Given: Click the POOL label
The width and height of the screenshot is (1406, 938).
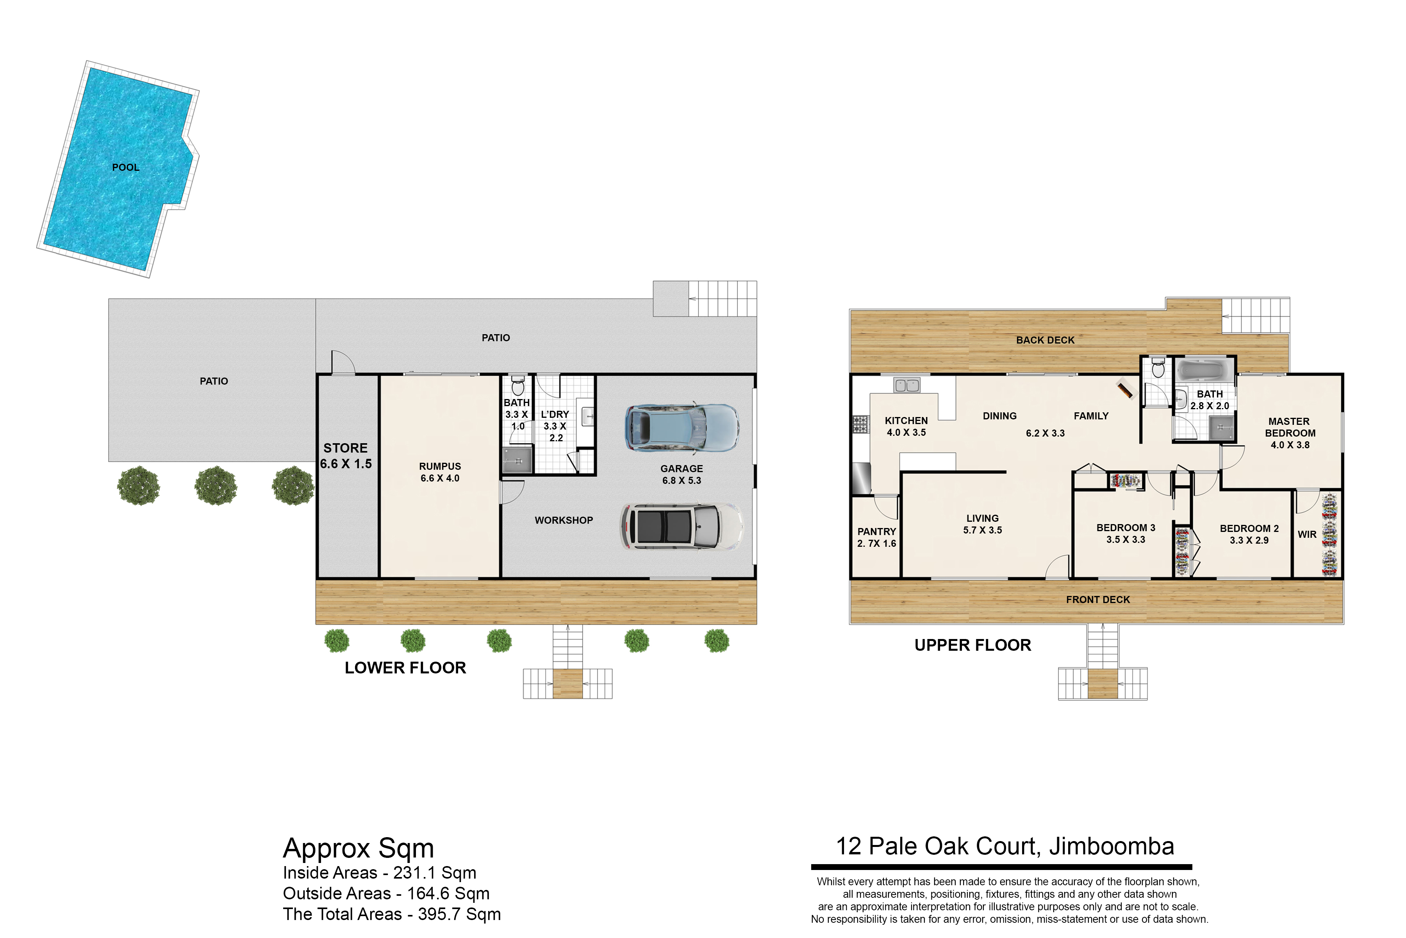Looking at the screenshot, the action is coord(125,168).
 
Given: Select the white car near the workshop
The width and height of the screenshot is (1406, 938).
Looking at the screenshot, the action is coord(682,526).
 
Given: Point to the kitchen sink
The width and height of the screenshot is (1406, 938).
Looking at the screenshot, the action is coord(907,385).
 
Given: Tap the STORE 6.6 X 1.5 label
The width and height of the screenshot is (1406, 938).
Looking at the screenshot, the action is coord(346,456).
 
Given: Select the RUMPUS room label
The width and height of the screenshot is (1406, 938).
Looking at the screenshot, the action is coord(440,467).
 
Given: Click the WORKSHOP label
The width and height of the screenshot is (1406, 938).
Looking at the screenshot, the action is coord(564,521).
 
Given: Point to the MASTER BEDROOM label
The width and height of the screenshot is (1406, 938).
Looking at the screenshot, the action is coord(1290,427).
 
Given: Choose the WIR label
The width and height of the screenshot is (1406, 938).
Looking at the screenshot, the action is coord(1307,534).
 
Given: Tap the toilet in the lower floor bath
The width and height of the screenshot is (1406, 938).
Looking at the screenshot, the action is coord(518,385).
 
